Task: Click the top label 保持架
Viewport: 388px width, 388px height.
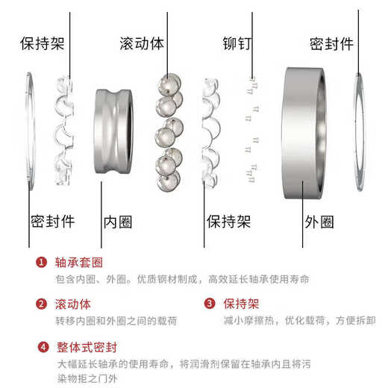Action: pos(43,44)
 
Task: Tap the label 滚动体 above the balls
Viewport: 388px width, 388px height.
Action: pos(142,44)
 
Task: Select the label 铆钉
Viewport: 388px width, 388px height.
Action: pos(237,44)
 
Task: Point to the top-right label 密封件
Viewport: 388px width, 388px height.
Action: pos(331,44)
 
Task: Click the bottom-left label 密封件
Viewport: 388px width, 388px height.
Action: pos(52,222)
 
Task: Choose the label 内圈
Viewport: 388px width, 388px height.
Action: pos(118,222)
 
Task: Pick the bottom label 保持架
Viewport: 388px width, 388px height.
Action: pos(228,222)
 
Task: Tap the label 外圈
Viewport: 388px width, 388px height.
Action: pos(319,222)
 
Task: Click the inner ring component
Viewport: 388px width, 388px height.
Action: pos(113,131)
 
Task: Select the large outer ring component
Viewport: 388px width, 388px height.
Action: pos(304,134)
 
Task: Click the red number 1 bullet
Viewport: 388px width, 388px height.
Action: pos(41,262)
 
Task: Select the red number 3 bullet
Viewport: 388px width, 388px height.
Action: pos(210,304)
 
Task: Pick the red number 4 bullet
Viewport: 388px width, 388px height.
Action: pos(43,347)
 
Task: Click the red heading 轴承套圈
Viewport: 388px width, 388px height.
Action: pos(79,263)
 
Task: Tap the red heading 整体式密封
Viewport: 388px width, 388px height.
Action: pos(87,347)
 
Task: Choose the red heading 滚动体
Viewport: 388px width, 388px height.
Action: pos(73,304)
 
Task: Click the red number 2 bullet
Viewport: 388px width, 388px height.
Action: pos(41,304)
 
